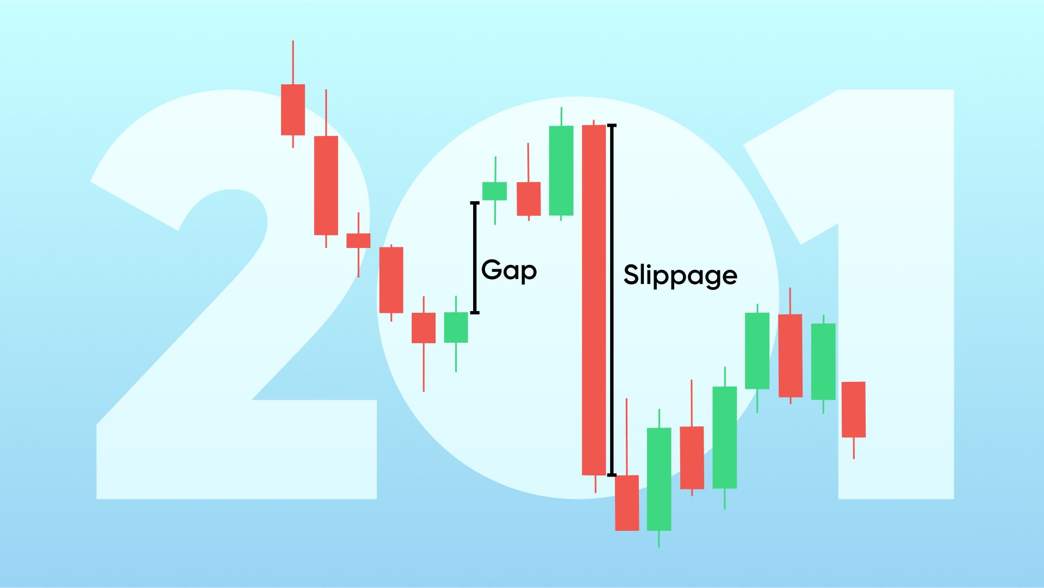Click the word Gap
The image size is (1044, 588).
point(509,270)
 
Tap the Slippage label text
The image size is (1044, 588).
point(680,275)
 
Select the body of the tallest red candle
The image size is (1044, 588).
point(594,299)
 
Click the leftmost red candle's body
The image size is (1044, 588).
point(293,109)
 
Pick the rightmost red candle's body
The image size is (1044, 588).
point(854,409)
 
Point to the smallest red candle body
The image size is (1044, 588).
point(358,240)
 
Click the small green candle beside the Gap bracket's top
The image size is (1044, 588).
point(495,191)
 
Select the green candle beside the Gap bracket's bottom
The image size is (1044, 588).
point(456,327)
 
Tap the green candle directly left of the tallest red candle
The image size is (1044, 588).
point(561,170)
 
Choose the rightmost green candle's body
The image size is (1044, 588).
point(823,361)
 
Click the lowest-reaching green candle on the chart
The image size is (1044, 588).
point(659,479)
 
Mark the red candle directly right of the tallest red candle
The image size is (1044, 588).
point(627,503)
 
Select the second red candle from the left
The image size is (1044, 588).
point(326,185)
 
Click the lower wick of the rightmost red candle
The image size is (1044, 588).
point(854,448)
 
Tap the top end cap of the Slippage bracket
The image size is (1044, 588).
point(612,126)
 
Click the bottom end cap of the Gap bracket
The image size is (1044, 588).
point(475,312)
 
